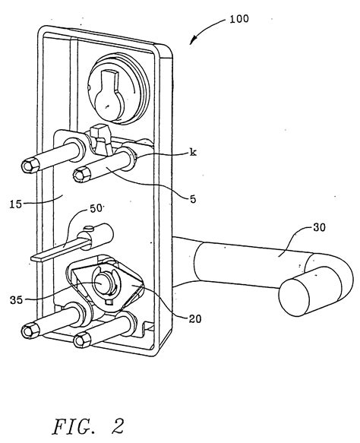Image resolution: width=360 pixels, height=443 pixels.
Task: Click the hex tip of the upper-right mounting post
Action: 79,176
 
